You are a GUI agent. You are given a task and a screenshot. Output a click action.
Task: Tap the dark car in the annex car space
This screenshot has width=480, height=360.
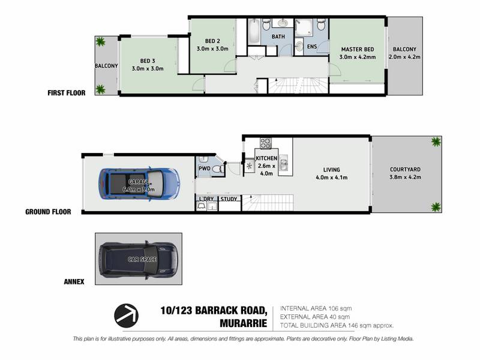[139, 260]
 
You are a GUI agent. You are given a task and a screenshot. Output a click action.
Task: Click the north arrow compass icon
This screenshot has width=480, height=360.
[126, 316]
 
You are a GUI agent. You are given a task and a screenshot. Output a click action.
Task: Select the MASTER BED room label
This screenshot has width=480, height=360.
[358, 49]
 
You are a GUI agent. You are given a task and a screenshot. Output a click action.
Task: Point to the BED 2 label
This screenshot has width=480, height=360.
[212, 41]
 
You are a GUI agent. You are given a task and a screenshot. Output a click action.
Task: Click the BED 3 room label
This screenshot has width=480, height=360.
[148, 61]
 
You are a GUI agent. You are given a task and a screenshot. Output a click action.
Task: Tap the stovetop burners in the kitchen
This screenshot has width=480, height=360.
[266, 143]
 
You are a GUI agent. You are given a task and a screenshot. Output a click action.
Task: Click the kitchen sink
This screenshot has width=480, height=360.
[283, 163]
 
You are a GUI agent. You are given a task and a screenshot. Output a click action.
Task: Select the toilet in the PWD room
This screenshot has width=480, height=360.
[217, 169]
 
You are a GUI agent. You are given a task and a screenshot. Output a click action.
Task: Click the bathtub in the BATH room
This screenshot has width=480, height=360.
[254, 32]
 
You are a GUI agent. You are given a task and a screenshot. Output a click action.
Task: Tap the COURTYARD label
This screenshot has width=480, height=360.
[405, 169]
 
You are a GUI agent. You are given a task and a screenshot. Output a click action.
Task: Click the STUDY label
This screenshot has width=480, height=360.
[229, 199]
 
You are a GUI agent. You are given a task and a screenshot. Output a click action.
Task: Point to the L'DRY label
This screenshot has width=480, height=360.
[206, 199]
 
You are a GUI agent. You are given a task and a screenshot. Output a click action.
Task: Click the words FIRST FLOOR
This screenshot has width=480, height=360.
[67, 93]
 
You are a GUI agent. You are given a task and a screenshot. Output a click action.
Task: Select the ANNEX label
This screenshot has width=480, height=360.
[74, 281]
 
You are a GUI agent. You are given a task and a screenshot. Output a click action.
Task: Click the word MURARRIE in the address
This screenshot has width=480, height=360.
[244, 323]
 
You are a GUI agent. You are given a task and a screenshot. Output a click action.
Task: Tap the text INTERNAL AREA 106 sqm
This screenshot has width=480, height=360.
[316, 308]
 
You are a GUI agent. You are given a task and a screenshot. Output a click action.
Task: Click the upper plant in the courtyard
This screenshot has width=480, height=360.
[436, 142]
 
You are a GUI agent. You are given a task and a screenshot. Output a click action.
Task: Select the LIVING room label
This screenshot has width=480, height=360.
[332, 170]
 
